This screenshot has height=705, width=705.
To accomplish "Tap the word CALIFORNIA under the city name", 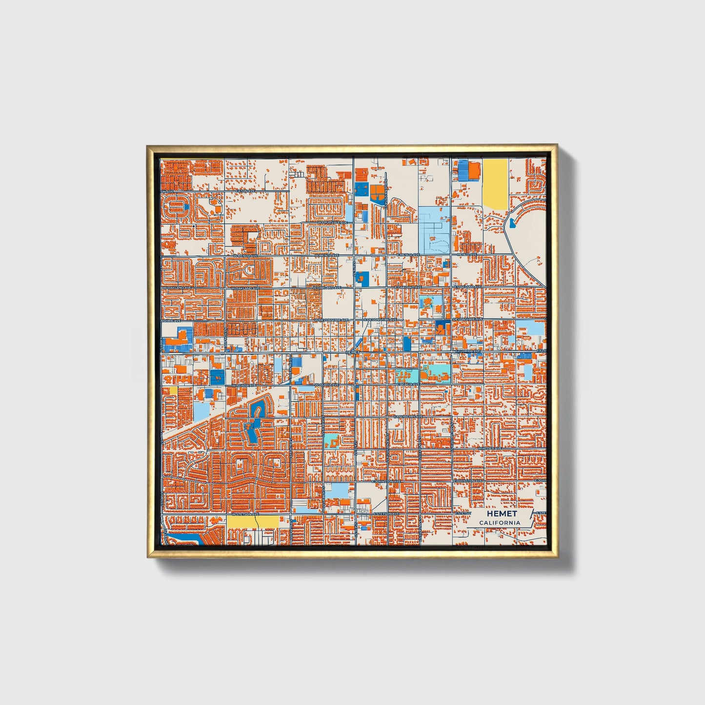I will [499, 523].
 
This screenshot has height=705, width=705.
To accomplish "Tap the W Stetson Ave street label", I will [245, 514].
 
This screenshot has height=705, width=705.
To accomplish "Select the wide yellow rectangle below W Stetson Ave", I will [252, 521].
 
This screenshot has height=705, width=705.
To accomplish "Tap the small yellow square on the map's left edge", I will [173, 390].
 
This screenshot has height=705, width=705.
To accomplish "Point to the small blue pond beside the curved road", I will [511, 223].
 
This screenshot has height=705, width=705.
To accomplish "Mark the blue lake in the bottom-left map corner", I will [185, 539].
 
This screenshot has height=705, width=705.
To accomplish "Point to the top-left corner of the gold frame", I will [147, 145].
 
